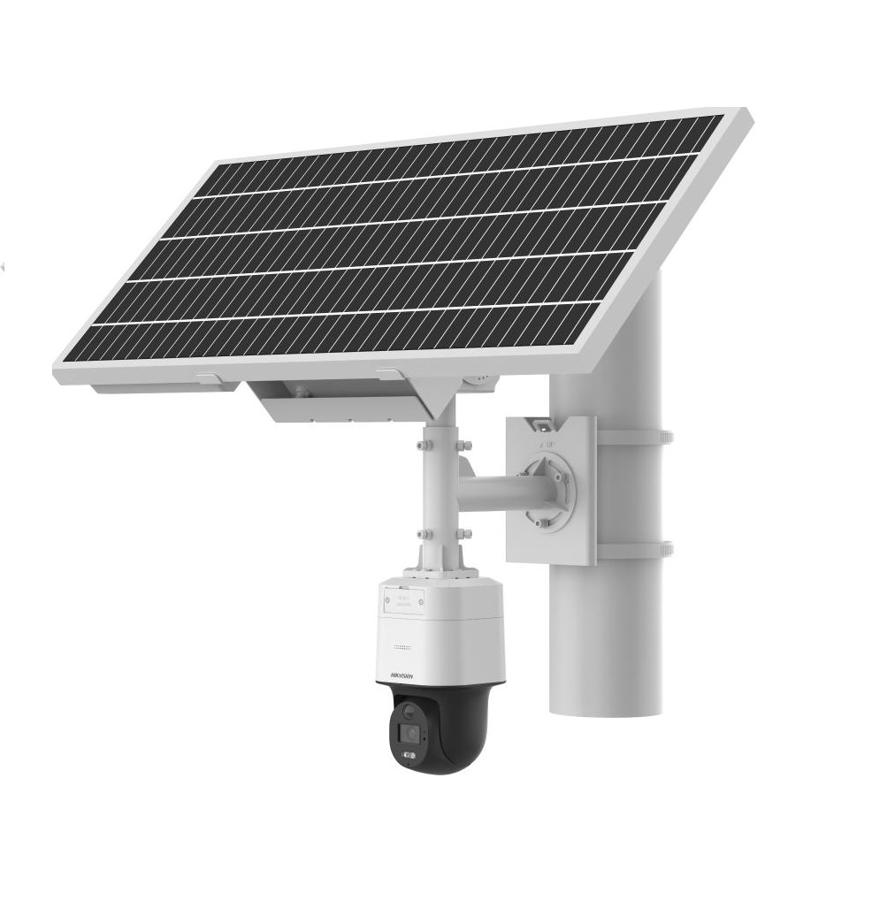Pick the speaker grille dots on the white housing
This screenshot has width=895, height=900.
[402, 646]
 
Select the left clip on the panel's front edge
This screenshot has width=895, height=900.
[210, 378]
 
